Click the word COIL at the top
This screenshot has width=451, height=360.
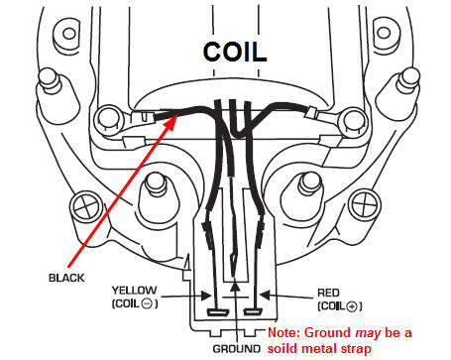(235, 52)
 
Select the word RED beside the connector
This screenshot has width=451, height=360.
(327, 290)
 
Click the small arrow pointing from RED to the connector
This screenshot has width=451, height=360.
(282, 296)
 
